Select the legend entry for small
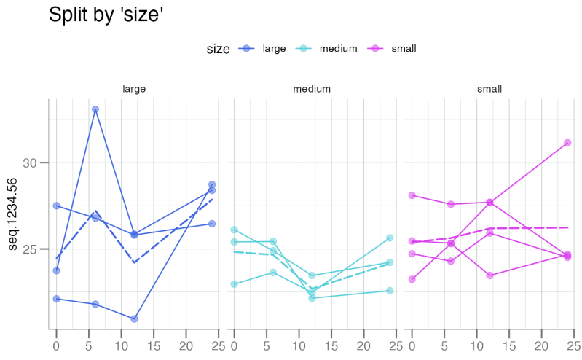(x=404, y=49)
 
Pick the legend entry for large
(x=273, y=49)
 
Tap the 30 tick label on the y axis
(x=30, y=163)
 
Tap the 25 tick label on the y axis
(x=30, y=249)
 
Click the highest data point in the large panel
(x=95, y=109)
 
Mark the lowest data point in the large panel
(x=134, y=318)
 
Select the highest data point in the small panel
(x=567, y=143)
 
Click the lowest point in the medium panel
(x=312, y=297)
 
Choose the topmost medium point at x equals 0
(x=235, y=230)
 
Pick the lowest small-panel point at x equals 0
(x=412, y=279)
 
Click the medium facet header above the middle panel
(x=312, y=89)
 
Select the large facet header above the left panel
(x=134, y=89)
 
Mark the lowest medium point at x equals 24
(x=390, y=290)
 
